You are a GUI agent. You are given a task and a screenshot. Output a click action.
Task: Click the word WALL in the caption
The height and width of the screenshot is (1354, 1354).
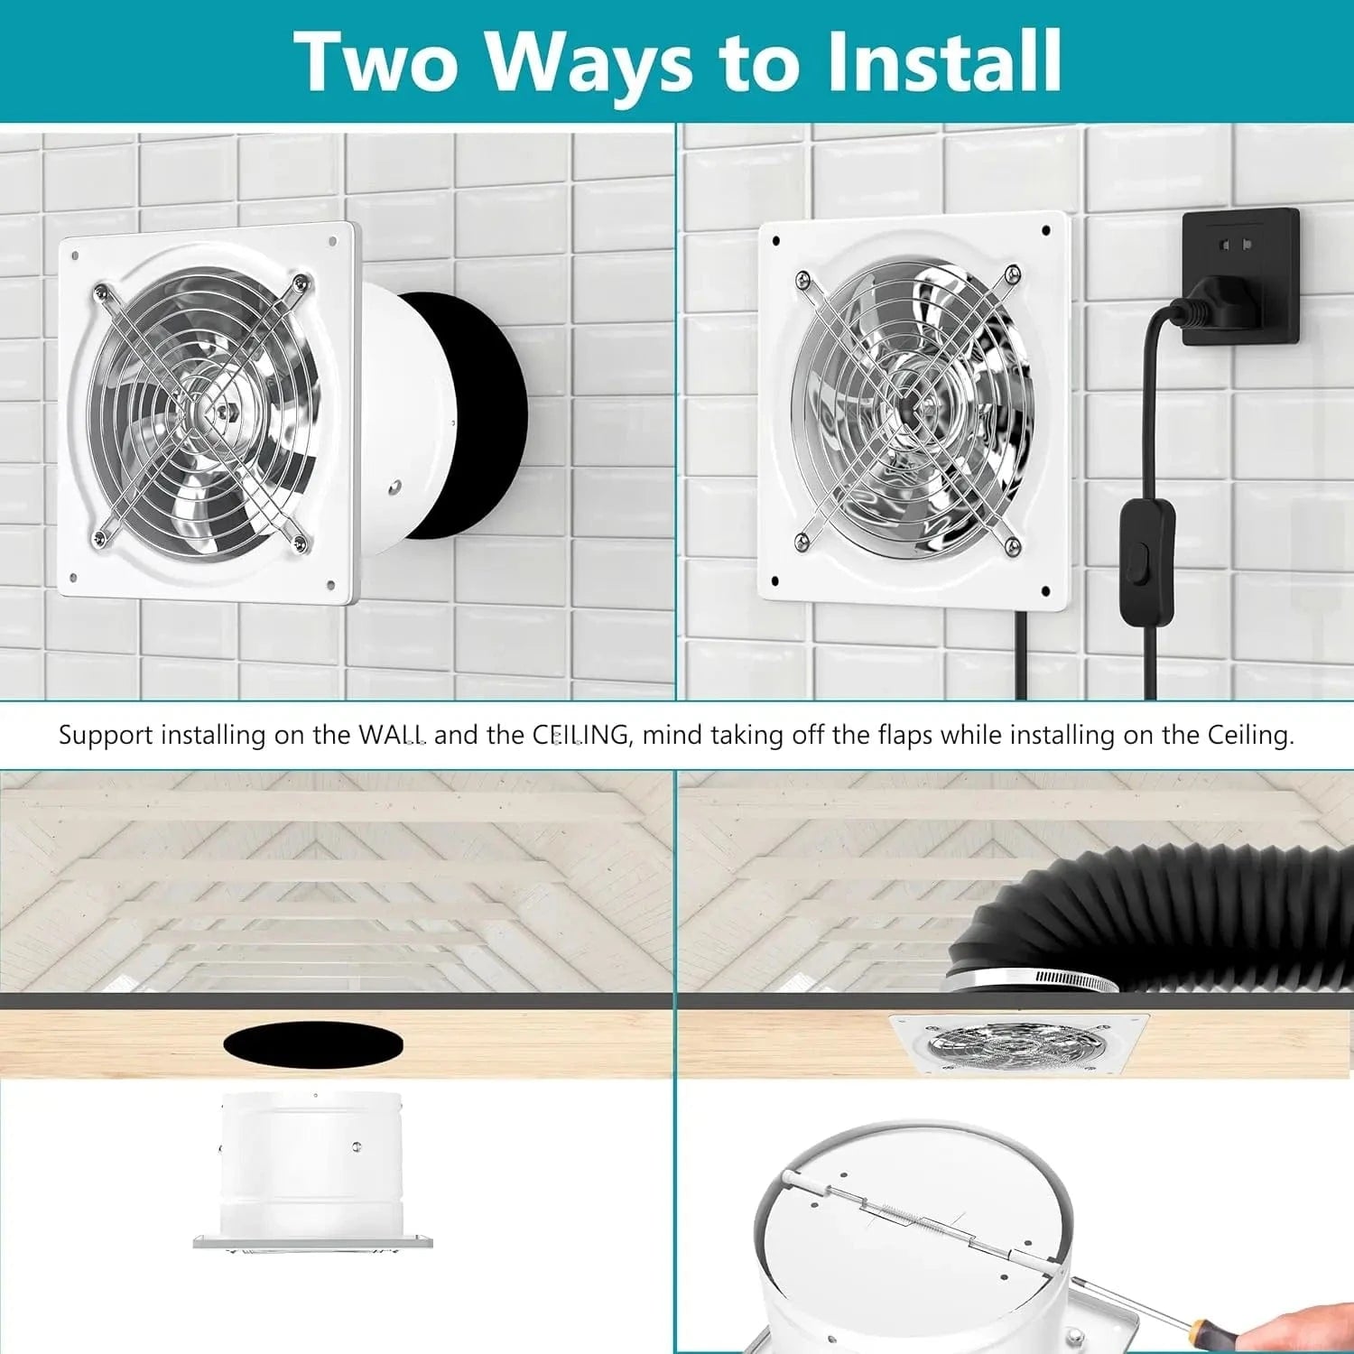pos(392,735)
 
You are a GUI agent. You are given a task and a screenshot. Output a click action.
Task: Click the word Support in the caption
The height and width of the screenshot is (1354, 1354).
pos(106,735)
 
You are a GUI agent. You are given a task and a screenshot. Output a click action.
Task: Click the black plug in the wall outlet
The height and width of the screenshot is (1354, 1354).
pos(1225,302)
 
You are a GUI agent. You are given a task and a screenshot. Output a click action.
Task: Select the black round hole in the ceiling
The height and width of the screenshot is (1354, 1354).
pos(312,1044)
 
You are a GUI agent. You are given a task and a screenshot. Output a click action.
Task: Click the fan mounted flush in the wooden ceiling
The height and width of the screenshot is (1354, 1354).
pos(1018,1043)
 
